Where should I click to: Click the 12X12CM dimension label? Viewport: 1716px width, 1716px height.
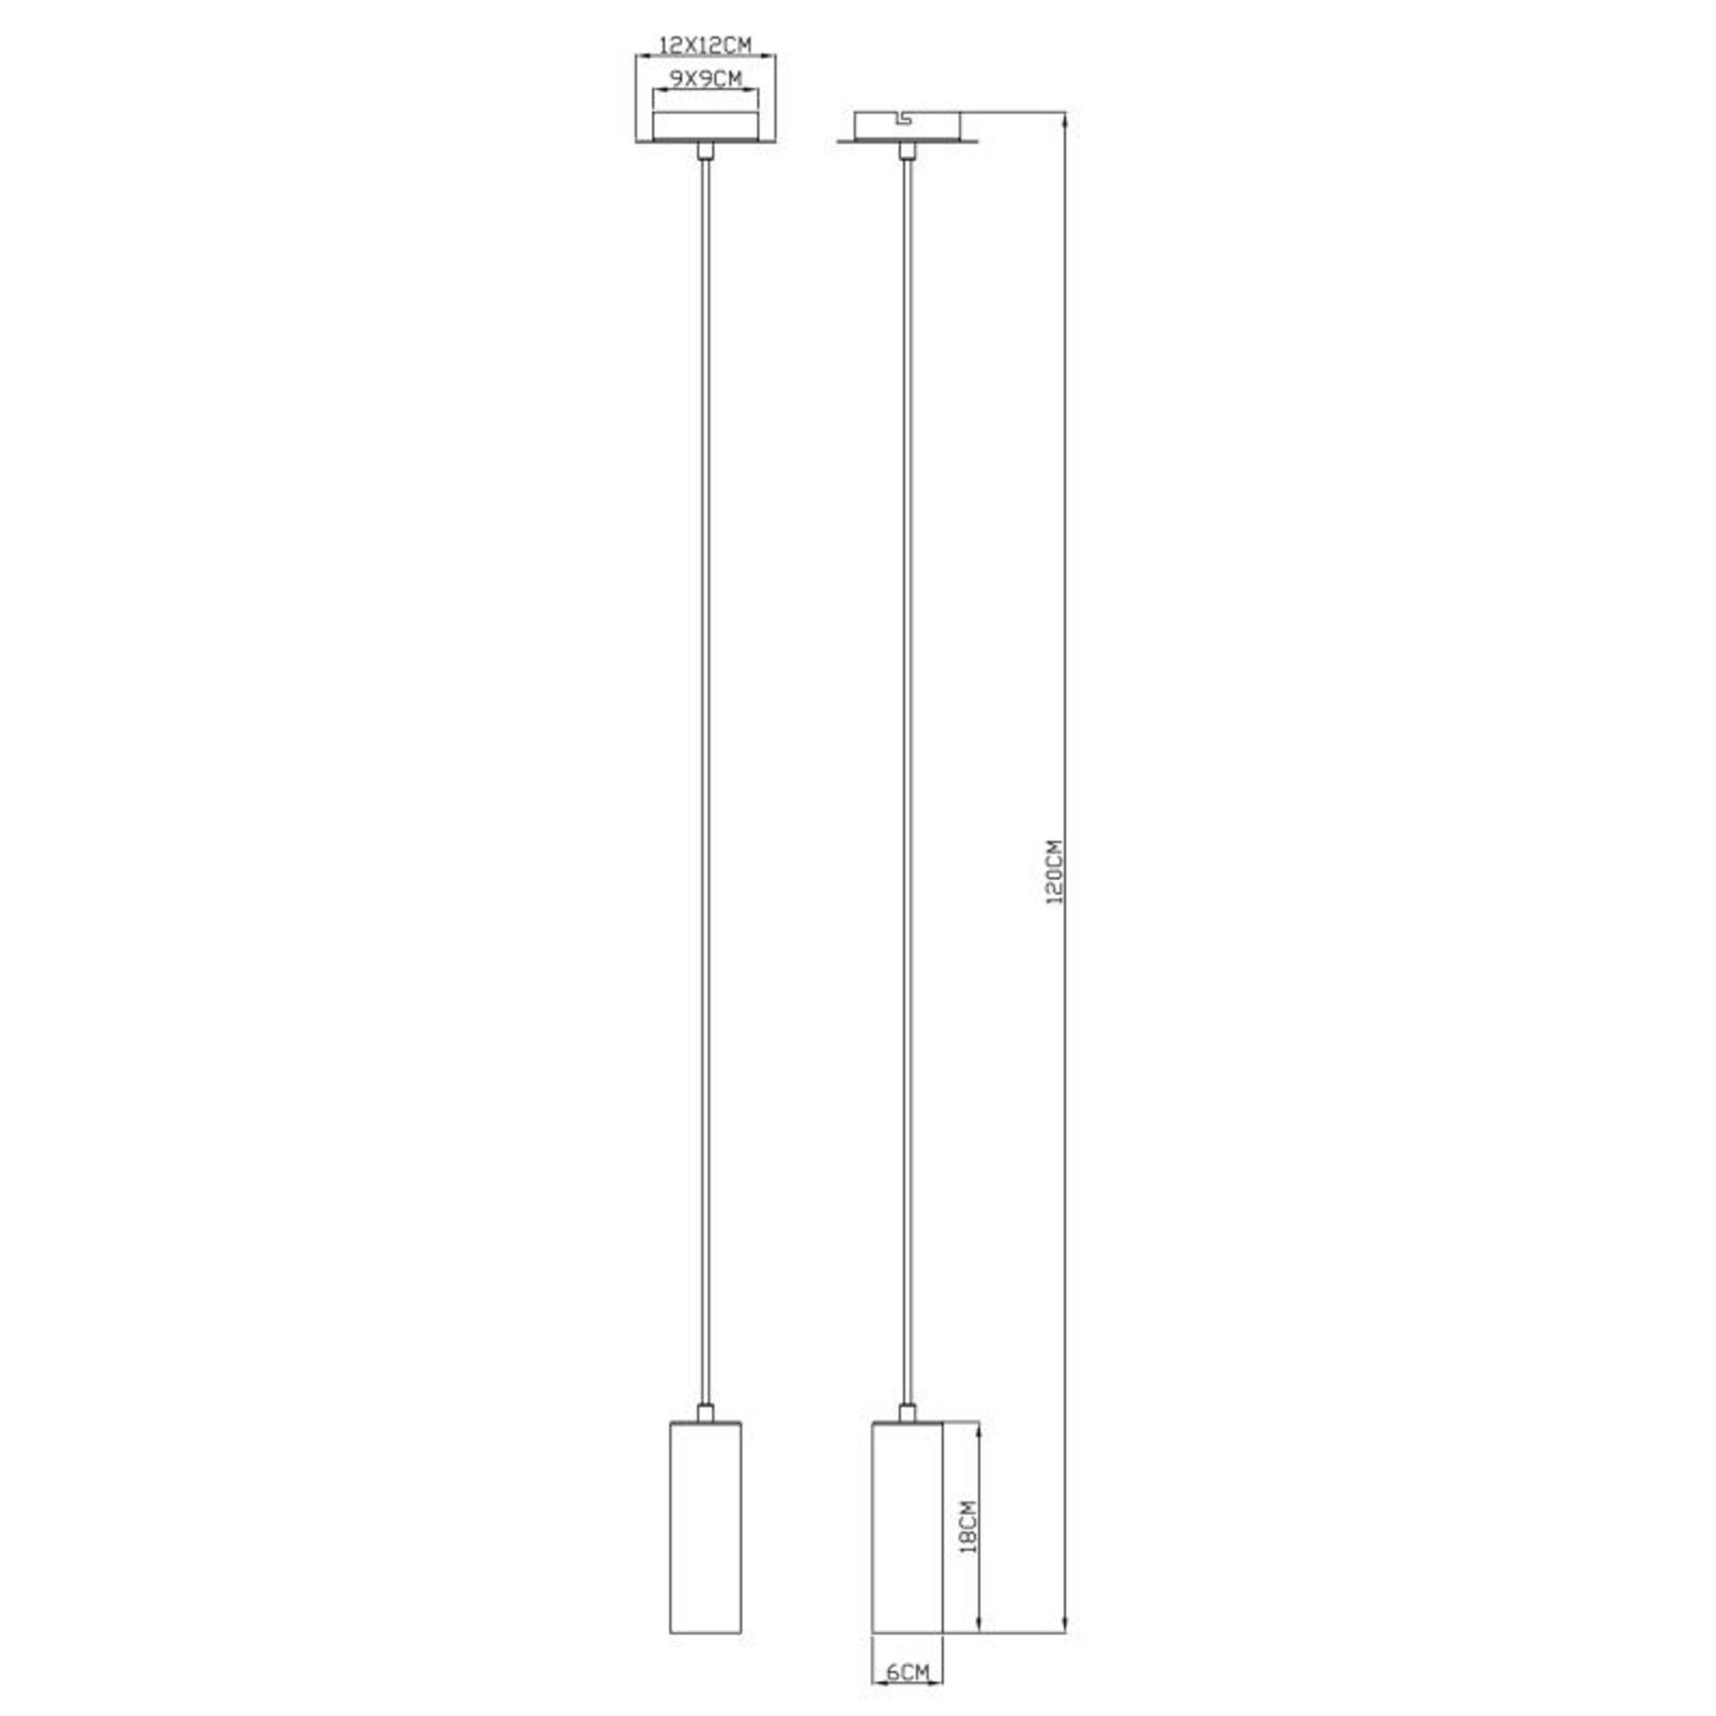click(x=705, y=44)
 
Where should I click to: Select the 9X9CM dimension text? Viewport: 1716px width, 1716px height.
click(x=706, y=79)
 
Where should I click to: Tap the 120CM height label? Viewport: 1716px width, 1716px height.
click(x=1055, y=871)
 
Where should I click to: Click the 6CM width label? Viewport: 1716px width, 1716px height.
click(x=908, y=1672)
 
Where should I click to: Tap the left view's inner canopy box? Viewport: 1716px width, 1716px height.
click(x=706, y=126)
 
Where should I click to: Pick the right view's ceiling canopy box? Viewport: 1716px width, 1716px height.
click(x=907, y=126)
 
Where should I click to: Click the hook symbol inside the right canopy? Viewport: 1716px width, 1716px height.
click(x=904, y=119)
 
